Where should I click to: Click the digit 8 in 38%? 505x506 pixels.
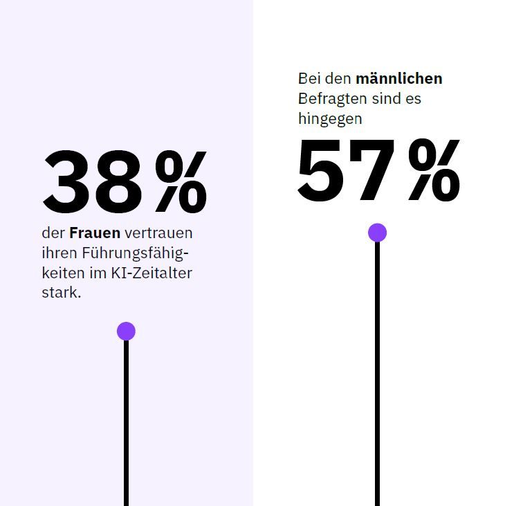point(120,181)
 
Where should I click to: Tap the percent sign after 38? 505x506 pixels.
point(181,181)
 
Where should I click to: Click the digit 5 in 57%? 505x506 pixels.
point(322,170)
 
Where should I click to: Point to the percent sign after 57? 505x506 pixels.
point(434,170)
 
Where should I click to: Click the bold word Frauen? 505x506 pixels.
point(95,233)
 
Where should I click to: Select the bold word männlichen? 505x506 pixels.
point(398,78)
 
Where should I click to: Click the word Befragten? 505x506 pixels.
point(332,98)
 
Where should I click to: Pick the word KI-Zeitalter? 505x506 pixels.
point(151,273)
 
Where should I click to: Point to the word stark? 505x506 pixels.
point(61,293)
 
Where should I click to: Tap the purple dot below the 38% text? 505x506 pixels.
point(126,331)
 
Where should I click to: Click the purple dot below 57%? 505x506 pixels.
point(377,233)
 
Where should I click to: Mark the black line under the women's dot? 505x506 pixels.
point(126,422)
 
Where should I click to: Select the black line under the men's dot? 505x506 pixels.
point(377,374)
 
